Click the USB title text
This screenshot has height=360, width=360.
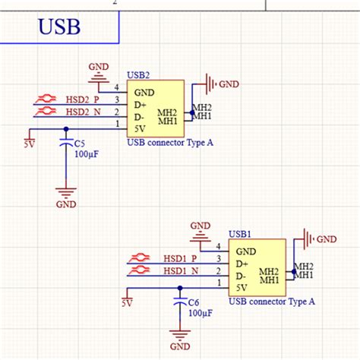(59, 29)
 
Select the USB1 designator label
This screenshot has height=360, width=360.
(240, 235)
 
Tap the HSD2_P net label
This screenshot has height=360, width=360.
(83, 99)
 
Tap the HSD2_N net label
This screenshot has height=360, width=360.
(83, 112)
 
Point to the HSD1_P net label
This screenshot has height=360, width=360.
(181, 259)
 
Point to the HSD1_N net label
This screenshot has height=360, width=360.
(181, 271)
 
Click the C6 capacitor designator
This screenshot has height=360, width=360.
(194, 302)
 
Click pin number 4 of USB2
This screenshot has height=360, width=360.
(116, 87)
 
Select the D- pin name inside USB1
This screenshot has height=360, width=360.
(242, 276)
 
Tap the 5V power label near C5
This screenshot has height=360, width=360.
(29, 144)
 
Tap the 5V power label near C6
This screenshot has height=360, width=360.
(127, 303)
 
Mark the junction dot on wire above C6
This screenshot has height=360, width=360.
(179, 288)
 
